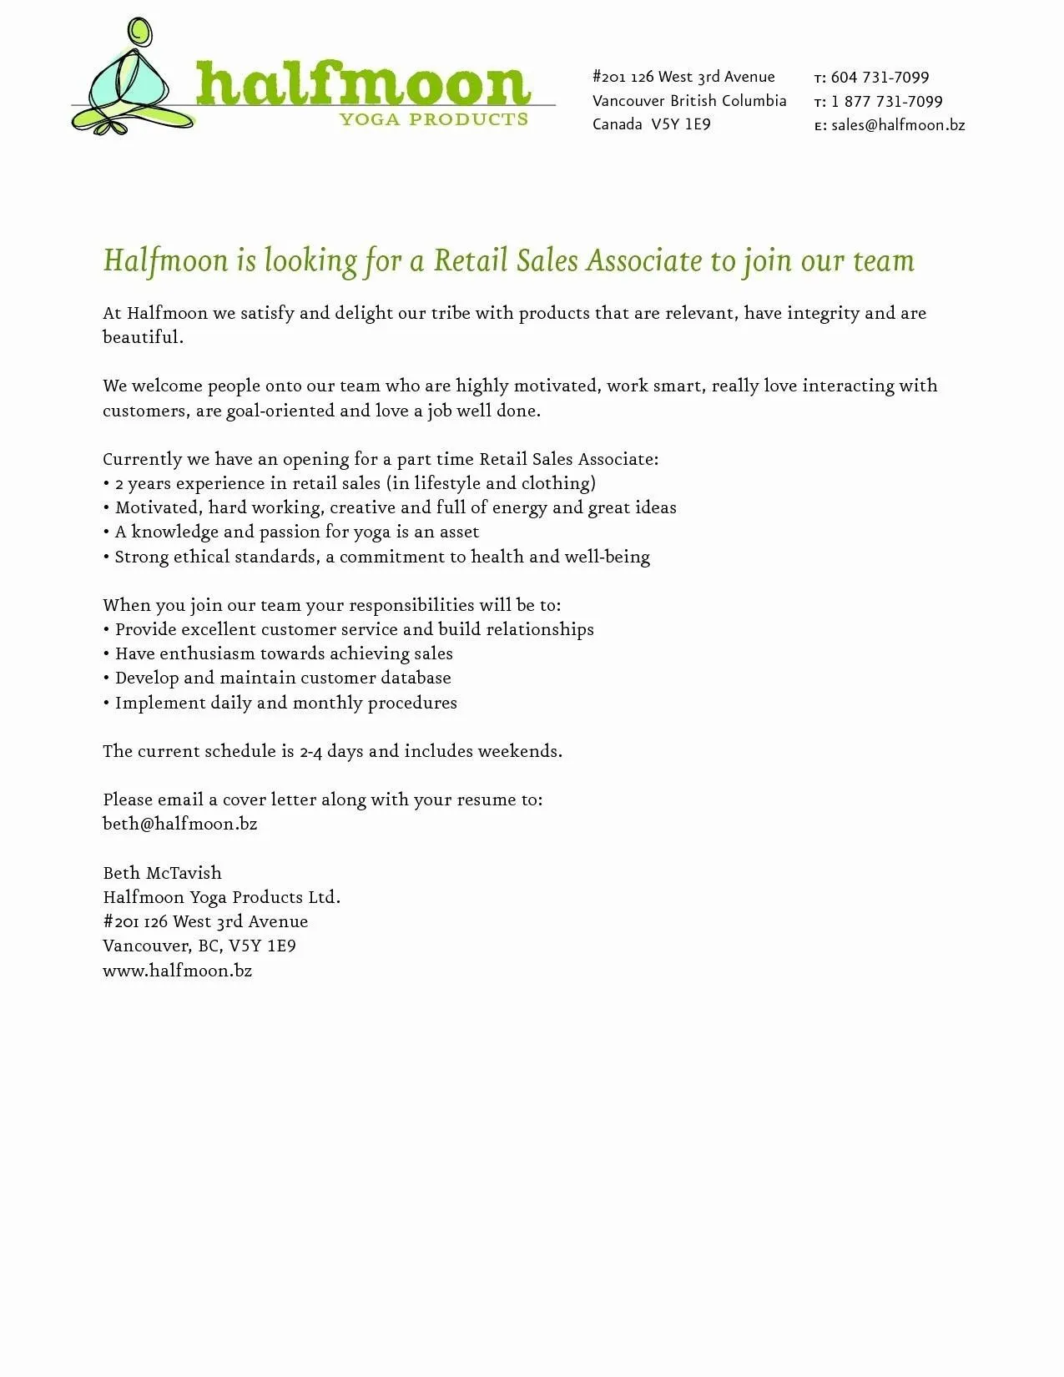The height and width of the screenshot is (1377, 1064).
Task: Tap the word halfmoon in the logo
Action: [363, 84]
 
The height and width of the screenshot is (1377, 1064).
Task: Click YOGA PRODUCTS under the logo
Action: [434, 119]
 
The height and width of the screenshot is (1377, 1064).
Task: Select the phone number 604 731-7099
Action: [880, 78]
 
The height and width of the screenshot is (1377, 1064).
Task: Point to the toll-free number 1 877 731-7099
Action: [886, 102]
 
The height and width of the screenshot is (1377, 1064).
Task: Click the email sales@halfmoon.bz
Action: [898, 125]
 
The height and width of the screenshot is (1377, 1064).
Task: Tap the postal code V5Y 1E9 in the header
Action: [681, 124]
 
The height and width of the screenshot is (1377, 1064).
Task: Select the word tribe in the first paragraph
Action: [451, 313]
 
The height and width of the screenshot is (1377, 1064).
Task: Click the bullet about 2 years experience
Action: [349, 483]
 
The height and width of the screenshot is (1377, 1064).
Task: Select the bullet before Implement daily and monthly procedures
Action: [107, 703]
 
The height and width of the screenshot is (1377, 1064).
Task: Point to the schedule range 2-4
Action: [310, 751]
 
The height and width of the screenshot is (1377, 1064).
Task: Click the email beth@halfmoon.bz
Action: [179, 824]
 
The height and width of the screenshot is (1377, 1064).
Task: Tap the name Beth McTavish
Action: [162, 873]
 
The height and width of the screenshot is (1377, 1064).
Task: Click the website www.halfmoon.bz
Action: [177, 971]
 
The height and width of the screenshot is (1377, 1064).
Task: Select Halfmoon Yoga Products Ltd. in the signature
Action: [221, 897]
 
